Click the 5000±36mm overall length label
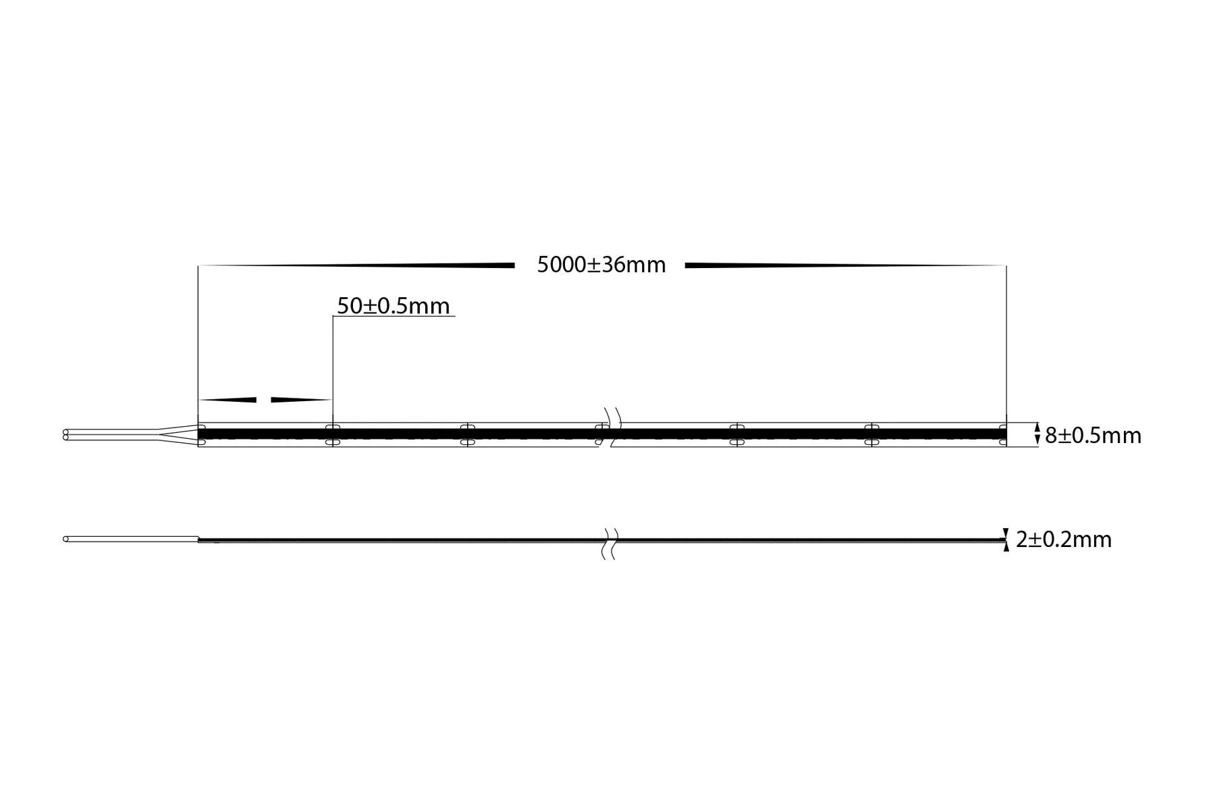(601, 265)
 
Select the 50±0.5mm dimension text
(394, 306)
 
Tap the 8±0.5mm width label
(1093, 436)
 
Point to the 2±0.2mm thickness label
(1063, 540)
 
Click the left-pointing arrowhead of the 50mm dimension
(228, 400)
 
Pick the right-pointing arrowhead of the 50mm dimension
(300, 400)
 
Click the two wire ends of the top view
(65, 434)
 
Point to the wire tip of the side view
(65, 539)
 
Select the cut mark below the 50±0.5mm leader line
(333, 434)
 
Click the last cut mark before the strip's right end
(872, 434)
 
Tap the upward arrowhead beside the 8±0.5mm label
(1037, 427)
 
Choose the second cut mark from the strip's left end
(467, 434)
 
